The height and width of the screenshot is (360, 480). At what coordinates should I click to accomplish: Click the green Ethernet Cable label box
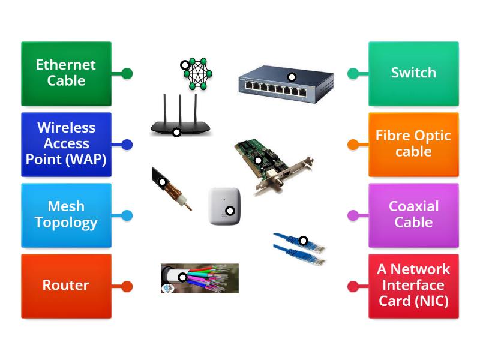(66, 73)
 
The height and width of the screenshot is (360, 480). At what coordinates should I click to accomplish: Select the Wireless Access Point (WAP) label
(66, 144)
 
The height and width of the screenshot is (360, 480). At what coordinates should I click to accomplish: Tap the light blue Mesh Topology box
(66, 215)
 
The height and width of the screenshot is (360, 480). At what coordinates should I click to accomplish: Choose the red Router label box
(66, 286)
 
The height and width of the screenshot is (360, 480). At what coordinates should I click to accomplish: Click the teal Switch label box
(413, 73)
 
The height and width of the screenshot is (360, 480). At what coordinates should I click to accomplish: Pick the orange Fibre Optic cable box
(413, 144)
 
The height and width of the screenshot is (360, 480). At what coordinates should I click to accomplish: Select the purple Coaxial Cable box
(413, 215)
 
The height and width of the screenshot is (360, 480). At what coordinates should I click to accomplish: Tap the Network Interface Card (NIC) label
(413, 286)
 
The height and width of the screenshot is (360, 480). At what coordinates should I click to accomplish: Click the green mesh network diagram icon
(197, 74)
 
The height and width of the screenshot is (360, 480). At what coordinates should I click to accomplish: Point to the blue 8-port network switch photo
(286, 84)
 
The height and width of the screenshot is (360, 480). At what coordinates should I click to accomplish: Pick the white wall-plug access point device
(224, 206)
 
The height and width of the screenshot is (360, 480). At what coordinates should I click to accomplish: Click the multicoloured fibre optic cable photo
(200, 278)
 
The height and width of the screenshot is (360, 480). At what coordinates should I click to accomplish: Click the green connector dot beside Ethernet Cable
(127, 73)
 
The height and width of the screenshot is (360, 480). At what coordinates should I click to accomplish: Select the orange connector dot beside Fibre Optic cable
(353, 144)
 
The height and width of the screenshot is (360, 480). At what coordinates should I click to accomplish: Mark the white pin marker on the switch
(292, 77)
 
